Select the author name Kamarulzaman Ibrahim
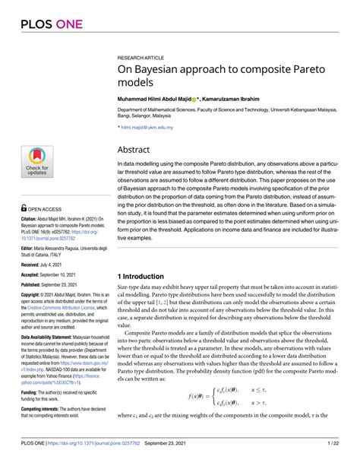(239, 99)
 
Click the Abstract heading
(138, 150)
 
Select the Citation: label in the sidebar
(33, 217)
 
